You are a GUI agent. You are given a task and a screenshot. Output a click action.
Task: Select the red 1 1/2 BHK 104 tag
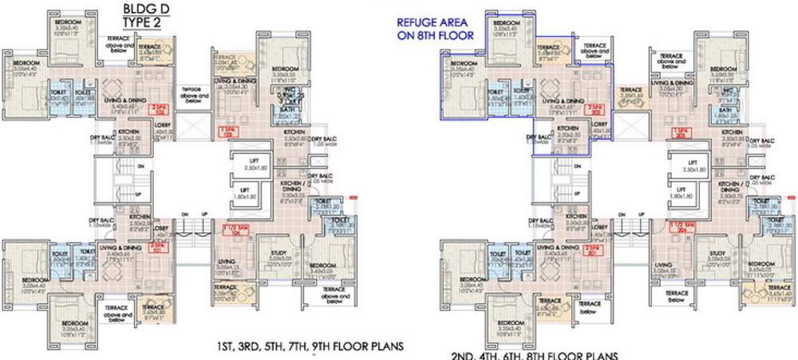pyautogui.click(x=232, y=232)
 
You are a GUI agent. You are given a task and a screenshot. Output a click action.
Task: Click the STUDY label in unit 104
pyautogui.click(x=279, y=252)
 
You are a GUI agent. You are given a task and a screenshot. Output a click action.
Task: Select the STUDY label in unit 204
pyautogui.click(x=717, y=253)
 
